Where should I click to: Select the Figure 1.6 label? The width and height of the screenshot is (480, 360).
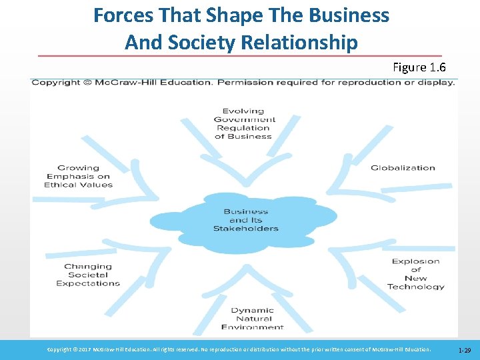click(419, 67)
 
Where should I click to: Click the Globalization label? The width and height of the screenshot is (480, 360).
click(403, 168)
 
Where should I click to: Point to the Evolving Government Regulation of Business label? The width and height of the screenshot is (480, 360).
click(243, 123)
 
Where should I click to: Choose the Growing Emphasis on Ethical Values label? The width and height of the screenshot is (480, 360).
click(78, 177)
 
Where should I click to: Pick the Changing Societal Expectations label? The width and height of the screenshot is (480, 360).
click(88, 275)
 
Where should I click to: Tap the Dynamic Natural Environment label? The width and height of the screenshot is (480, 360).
click(252, 319)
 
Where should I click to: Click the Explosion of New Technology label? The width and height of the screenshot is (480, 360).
click(416, 274)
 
